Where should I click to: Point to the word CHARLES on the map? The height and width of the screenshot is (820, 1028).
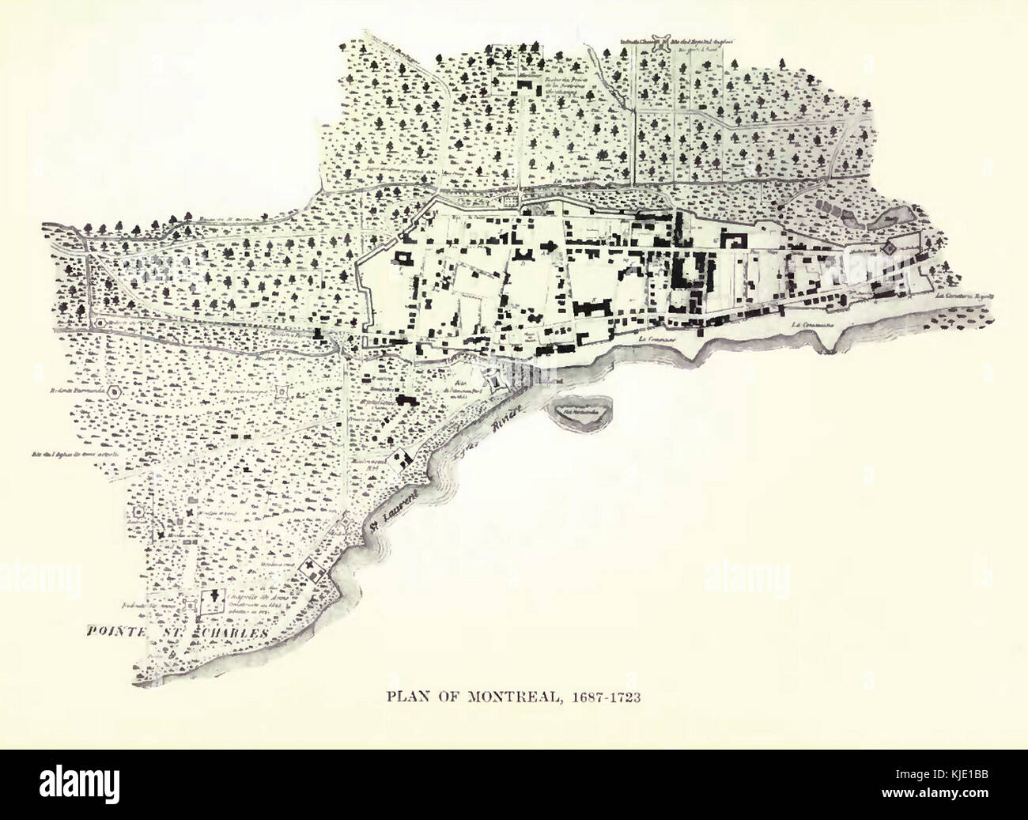236,633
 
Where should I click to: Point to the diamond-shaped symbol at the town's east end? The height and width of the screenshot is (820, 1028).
888,248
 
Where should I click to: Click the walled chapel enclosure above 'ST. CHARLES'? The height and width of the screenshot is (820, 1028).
213,601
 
